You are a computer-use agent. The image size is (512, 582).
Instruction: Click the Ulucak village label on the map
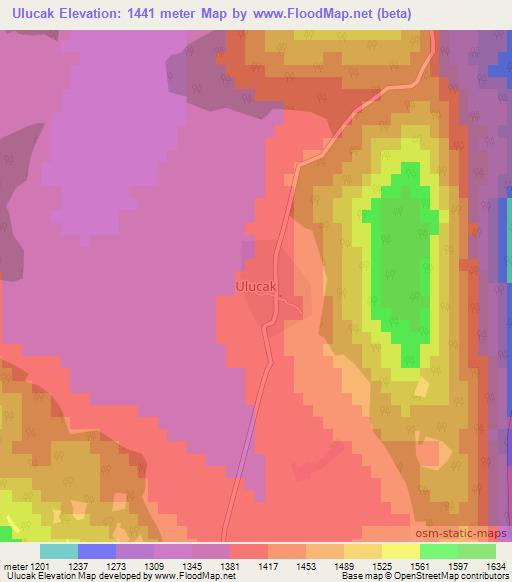[x=255, y=286]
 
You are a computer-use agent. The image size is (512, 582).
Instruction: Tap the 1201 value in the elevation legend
[x=41, y=566]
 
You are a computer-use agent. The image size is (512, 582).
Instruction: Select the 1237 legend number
[x=97, y=566]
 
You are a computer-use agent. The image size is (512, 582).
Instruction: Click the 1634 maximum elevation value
[x=497, y=566]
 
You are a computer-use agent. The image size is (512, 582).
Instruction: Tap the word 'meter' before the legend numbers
[x=14, y=566]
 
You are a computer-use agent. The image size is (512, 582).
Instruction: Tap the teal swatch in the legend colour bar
[x=59, y=551]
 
